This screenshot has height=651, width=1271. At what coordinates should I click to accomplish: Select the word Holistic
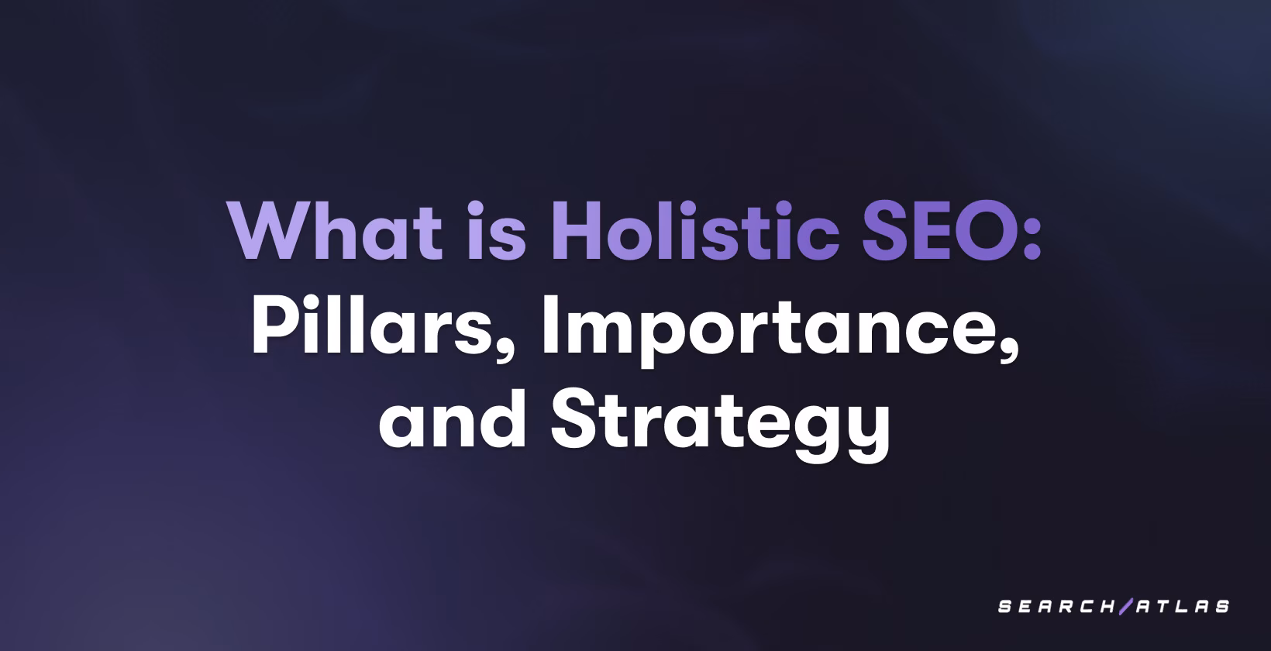pyautogui.click(x=695, y=232)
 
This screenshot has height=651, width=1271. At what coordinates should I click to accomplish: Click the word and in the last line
pyautogui.click(x=453, y=420)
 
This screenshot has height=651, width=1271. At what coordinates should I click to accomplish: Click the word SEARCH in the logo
pyautogui.click(x=1056, y=607)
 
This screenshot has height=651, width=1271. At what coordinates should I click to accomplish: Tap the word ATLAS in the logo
pyautogui.click(x=1183, y=607)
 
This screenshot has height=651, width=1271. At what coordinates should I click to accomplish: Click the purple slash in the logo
pyautogui.click(x=1125, y=606)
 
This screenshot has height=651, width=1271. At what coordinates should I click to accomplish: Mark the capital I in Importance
pyautogui.click(x=549, y=325)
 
